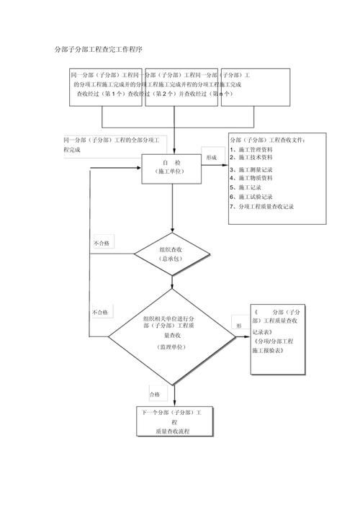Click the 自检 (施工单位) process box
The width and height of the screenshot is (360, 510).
point(171,168)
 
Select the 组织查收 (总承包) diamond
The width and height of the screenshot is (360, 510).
point(171,253)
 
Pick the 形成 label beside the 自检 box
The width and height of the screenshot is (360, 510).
point(212,156)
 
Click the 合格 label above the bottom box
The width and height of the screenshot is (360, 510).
point(155,394)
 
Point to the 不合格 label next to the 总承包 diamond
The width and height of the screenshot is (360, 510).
point(102,243)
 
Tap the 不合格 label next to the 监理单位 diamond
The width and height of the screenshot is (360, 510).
point(100,313)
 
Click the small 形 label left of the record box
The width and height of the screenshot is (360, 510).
point(238,325)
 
